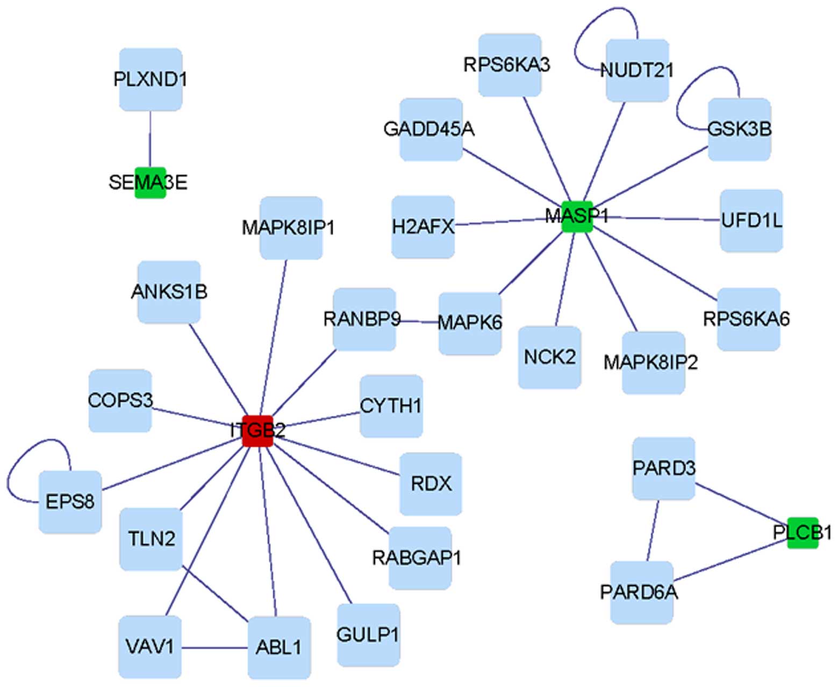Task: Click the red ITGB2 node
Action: (x=257, y=431)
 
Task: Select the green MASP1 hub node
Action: (x=577, y=217)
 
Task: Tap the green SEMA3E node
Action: (x=150, y=182)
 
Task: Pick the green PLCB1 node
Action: (x=803, y=533)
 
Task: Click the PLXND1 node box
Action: (x=151, y=80)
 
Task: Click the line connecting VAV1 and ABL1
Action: (x=214, y=648)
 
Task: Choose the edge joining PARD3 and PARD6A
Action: (x=653, y=531)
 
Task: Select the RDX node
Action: (x=431, y=484)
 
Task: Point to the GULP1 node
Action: (x=368, y=635)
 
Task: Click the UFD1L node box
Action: (x=751, y=220)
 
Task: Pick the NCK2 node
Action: (x=549, y=357)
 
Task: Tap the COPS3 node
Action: (x=120, y=400)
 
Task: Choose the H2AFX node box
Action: (x=423, y=227)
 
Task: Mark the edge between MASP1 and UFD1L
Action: (x=656, y=218)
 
